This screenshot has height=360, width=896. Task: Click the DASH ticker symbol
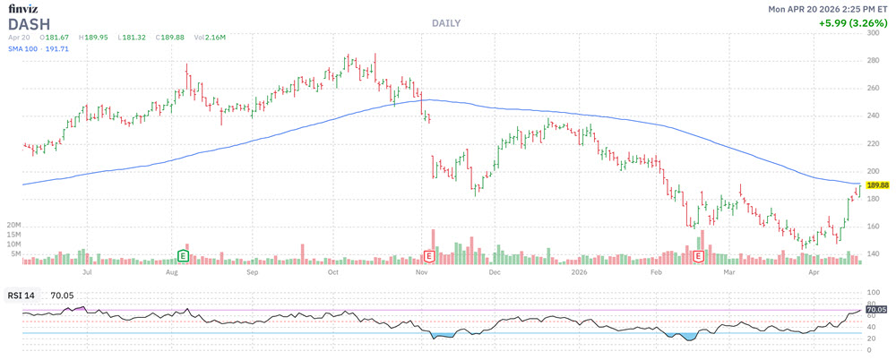pyautogui.click(x=29, y=23)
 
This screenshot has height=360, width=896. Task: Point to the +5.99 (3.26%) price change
pyautogui.click(x=853, y=22)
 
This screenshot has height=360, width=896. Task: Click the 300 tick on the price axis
pyautogui.click(x=874, y=34)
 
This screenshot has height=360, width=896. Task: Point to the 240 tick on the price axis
pyautogui.click(x=874, y=116)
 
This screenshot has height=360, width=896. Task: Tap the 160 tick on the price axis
pyautogui.click(x=874, y=227)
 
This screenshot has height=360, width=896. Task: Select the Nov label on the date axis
pyautogui.click(x=422, y=270)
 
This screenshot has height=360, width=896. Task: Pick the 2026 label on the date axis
pyautogui.click(x=578, y=270)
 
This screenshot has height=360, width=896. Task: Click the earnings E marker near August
pyautogui.click(x=184, y=255)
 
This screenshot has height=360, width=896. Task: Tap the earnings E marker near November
pyautogui.click(x=428, y=255)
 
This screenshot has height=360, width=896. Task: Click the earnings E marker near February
pyautogui.click(x=699, y=255)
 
